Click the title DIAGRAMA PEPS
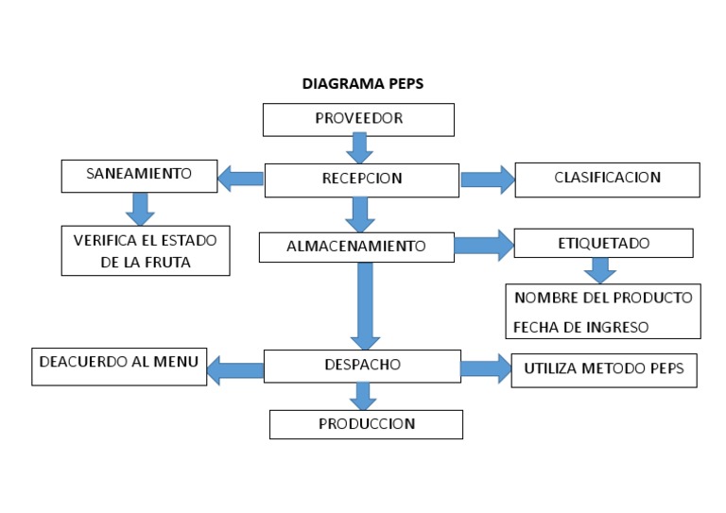coord(363,83)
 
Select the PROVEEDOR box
coord(358,119)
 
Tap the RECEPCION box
coord(361,179)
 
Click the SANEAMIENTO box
coord(138,175)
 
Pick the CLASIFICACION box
coord(607,178)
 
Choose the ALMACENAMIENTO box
coord(356,247)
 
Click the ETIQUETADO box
coord(603,243)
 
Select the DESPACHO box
coord(361,365)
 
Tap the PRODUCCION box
coord(366,424)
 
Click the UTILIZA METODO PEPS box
coord(604,369)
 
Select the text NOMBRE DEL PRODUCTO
coord(603,299)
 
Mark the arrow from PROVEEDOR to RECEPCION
coord(358,148)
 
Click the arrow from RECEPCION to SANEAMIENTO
coord(240,178)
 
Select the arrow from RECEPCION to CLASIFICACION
coord(486,179)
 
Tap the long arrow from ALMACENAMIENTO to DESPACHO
coord(365,304)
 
